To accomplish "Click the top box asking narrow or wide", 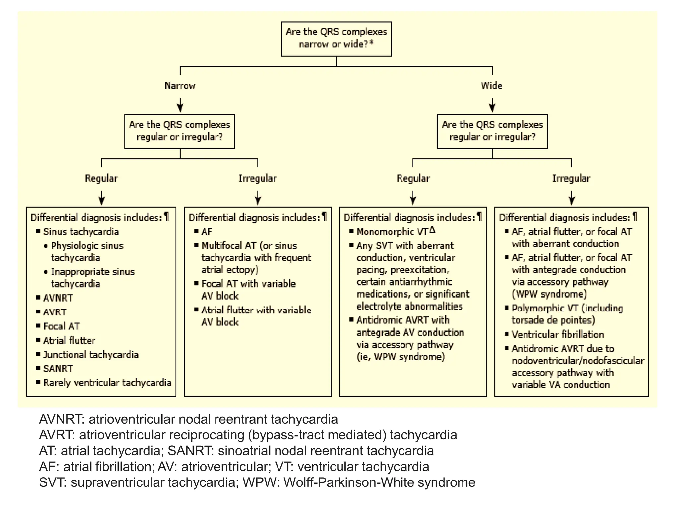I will (336, 38).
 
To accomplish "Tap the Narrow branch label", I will (180, 85).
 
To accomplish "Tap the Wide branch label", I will (492, 85).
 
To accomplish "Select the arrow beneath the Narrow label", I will (180, 105).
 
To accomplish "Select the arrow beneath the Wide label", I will (492, 105).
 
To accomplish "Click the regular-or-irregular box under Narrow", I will (180, 131).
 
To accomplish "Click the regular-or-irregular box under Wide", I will (492, 131).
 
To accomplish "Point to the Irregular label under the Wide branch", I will (571, 178).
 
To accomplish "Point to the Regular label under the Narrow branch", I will (101, 178).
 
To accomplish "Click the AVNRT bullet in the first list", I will (58, 298).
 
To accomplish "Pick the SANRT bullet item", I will (58, 368).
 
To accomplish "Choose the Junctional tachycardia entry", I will (91, 354).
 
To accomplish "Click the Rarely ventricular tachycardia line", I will (107, 383).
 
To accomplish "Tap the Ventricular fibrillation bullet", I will (558, 334).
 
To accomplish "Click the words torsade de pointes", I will (553, 320).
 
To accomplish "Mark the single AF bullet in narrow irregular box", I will (207, 231).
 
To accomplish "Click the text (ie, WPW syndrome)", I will (401, 357).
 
